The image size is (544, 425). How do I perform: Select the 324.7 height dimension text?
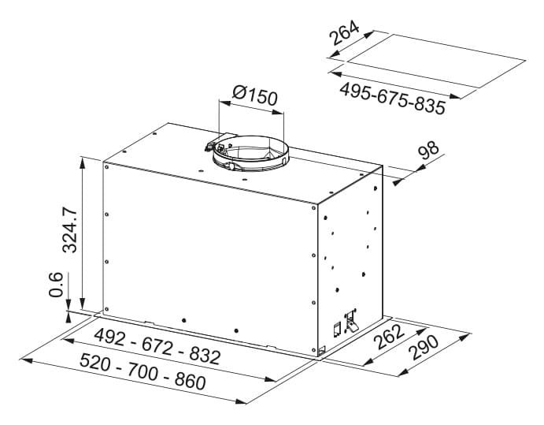(69, 229)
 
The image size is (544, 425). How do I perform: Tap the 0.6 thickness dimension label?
(56, 285)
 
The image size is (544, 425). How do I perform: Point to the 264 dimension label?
(344, 32)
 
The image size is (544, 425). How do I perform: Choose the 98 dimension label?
(428, 150)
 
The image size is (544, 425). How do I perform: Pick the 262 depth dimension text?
(390, 337)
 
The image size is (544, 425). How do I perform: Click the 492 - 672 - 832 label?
(157, 346)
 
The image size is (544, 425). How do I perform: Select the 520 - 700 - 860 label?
(142, 371)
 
